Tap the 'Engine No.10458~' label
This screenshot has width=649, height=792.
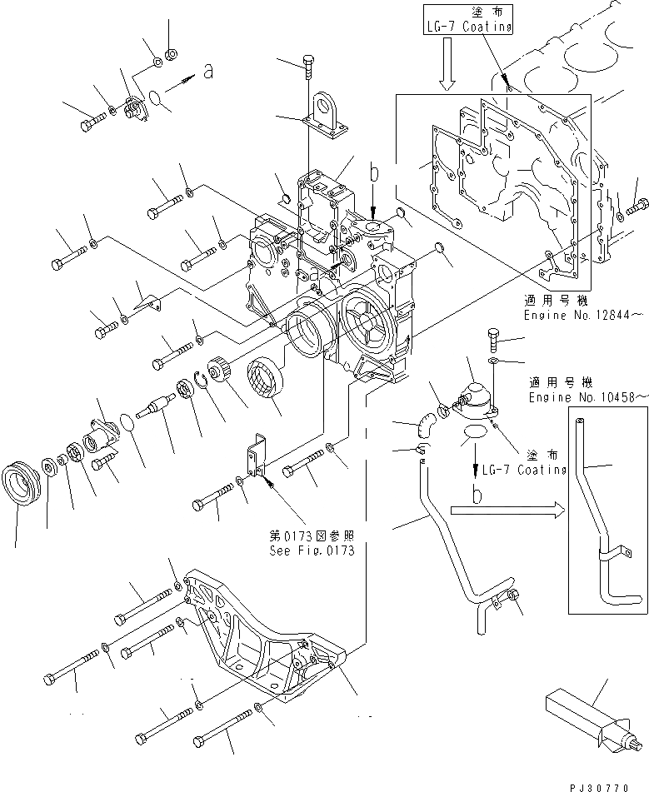point(586,397)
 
